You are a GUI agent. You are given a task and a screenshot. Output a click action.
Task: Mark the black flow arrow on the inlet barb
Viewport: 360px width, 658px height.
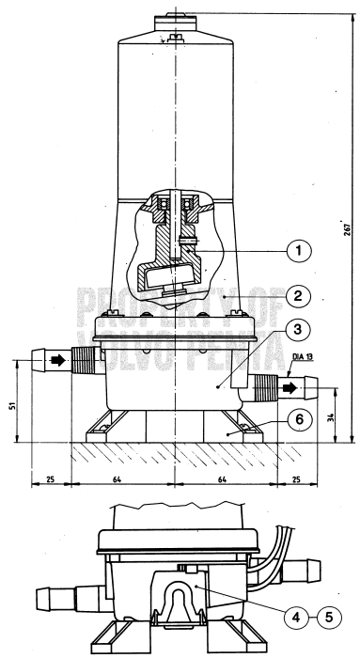pyautogui.click(x=57, y=360)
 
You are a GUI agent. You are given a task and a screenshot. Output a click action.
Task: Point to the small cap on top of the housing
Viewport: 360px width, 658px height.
pyautogui.click(x=177, y=15)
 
